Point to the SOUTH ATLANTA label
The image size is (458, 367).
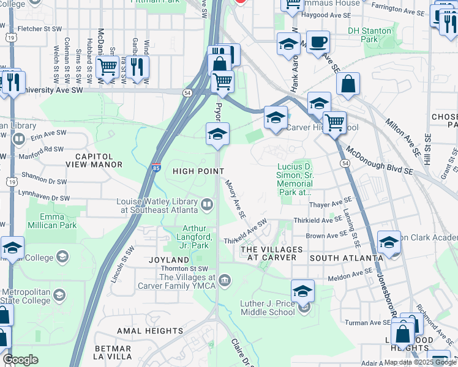(346, 258)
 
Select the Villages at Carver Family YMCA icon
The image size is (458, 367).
(225, 281)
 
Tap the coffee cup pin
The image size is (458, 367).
(318, 43)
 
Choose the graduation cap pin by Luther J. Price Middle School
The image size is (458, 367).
(302, 291)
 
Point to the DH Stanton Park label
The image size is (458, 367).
(369, 35)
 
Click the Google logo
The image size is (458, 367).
(20, 360)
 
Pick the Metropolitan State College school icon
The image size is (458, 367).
(59, 295)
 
